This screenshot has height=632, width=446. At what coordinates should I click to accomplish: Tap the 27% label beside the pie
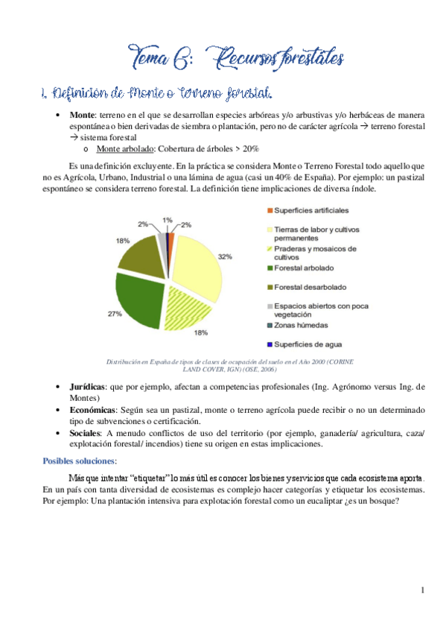pos(115,314)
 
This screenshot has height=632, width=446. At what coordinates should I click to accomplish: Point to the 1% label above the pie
pos(168,220)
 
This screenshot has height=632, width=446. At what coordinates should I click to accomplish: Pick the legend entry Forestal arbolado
pos(304,268)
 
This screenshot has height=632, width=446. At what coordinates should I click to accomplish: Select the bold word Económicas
pos(92,410)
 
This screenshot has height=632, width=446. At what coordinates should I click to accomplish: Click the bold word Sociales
pos(85,433)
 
